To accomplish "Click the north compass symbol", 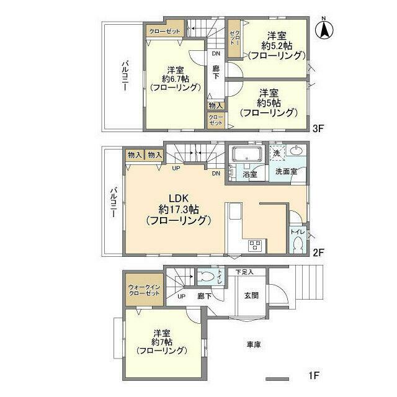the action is pos(324,29).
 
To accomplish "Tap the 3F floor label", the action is pos(318,128).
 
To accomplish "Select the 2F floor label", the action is pos(318,252).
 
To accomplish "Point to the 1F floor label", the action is pos(314,375).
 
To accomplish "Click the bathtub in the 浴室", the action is pos(247,154).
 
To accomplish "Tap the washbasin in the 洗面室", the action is pos(296,151).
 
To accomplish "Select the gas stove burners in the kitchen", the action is pos(255,245).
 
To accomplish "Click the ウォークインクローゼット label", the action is pos(144,290).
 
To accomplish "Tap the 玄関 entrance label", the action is pos(251,295).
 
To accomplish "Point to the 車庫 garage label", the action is pos(254,344).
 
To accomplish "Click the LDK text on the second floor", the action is pos(179,198).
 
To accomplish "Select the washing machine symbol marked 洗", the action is pos(277,153).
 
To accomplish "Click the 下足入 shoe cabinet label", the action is pos(244,272).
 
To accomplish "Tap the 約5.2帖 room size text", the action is pos(277,45).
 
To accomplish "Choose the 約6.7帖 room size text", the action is pos(176,79).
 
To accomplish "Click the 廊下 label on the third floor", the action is pos(216,72).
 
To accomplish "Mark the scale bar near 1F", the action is pos(277,379).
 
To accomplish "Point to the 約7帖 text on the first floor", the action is pos(162,342).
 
